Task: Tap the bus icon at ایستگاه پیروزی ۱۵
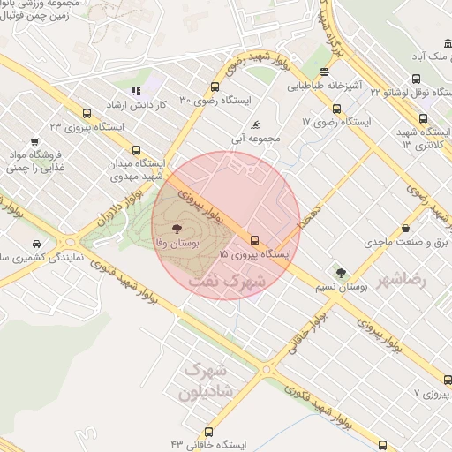click(255, 239)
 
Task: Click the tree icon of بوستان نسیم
click(341, 271)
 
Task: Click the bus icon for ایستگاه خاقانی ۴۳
click(208, 432)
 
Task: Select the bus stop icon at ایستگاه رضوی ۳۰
click(215, 87)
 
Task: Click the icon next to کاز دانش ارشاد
click(136, 90)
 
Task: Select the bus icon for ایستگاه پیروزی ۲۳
click(87, 113)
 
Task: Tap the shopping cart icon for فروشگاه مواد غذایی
click(34, 140)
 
